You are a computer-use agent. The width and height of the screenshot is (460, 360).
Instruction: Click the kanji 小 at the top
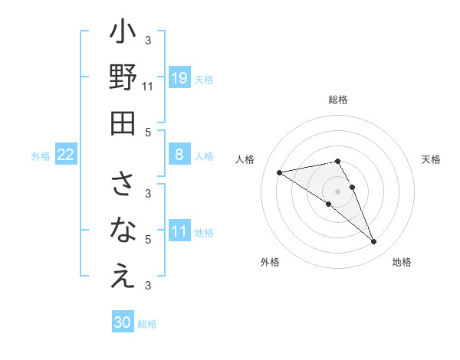[123, 34]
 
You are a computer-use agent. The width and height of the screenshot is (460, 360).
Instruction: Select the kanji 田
[123, 123]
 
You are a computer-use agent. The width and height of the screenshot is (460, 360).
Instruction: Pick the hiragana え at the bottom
[123, 277]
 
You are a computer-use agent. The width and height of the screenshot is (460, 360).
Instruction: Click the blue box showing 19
[179, 77]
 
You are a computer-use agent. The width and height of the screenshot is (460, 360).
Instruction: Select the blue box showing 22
[66, 155]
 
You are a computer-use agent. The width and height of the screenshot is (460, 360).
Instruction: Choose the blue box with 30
[123, 323]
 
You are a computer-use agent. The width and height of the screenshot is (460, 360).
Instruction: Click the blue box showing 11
[179, 232]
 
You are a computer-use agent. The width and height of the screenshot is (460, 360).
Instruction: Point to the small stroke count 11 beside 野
[148, 87]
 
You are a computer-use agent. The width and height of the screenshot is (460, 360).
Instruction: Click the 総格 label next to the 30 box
[148, 324]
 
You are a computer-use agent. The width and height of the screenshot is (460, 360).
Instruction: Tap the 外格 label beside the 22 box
[41, 156]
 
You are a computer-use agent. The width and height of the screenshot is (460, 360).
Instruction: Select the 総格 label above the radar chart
[338, 100]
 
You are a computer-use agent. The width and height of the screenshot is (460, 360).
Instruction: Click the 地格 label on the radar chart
[402, 262]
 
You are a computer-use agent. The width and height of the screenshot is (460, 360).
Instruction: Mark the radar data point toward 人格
[280, 172]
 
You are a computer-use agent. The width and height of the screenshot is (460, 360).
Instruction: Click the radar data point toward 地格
[374, 242]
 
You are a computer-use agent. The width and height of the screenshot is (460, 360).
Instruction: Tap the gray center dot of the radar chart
[338, 191]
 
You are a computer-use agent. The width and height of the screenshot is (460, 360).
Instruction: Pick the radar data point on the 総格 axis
[338, 161]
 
